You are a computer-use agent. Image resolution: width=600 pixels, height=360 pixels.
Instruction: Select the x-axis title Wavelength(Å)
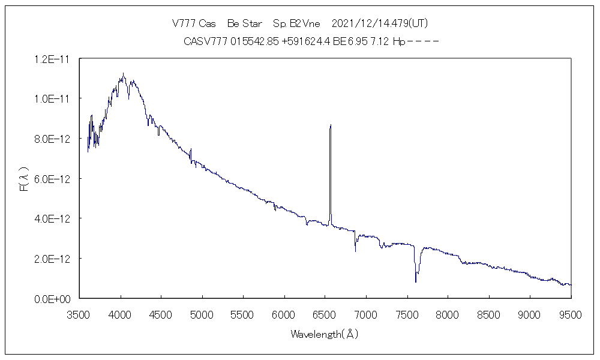pos(325,334)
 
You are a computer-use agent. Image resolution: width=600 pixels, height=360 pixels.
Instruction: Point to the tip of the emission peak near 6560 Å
pos(331,125)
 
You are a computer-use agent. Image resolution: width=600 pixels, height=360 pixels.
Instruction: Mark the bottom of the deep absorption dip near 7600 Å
pos(416,281)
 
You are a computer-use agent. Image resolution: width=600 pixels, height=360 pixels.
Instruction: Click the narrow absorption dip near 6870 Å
pos(355,250)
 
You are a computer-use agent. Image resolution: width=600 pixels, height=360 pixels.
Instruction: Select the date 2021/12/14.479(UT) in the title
pos(379,23)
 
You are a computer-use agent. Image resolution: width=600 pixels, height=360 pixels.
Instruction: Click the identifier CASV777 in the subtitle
pos(205,41)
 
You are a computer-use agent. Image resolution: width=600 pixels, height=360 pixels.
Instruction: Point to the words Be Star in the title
pos(245,23)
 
